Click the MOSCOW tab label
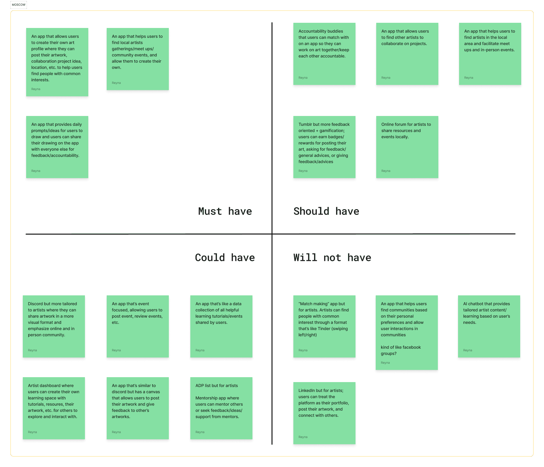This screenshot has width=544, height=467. (19, 5)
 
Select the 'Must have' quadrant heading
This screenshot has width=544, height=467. (225, 211)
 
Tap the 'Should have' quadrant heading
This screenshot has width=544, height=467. (326, 211)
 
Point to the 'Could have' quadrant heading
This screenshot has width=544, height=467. (225, 258)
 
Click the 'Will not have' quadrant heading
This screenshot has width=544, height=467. (332, 258)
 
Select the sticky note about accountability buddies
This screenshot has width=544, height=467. (324, 54)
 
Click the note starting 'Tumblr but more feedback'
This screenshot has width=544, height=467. (324, 147)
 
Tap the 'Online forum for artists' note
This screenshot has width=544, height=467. (407, 147)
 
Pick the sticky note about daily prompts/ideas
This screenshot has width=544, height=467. (57, 147)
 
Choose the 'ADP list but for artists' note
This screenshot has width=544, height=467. (221, 408)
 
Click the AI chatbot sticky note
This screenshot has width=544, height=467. (489, 326)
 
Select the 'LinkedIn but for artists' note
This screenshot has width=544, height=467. (324, 413)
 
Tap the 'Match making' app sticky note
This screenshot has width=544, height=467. (324, 326)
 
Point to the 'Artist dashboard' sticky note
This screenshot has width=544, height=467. (54, 408)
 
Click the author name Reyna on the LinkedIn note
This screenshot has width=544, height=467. (303, 437)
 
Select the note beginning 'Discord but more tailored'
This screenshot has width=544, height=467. (54, 326)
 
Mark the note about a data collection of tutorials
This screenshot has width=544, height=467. (221, 326)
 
